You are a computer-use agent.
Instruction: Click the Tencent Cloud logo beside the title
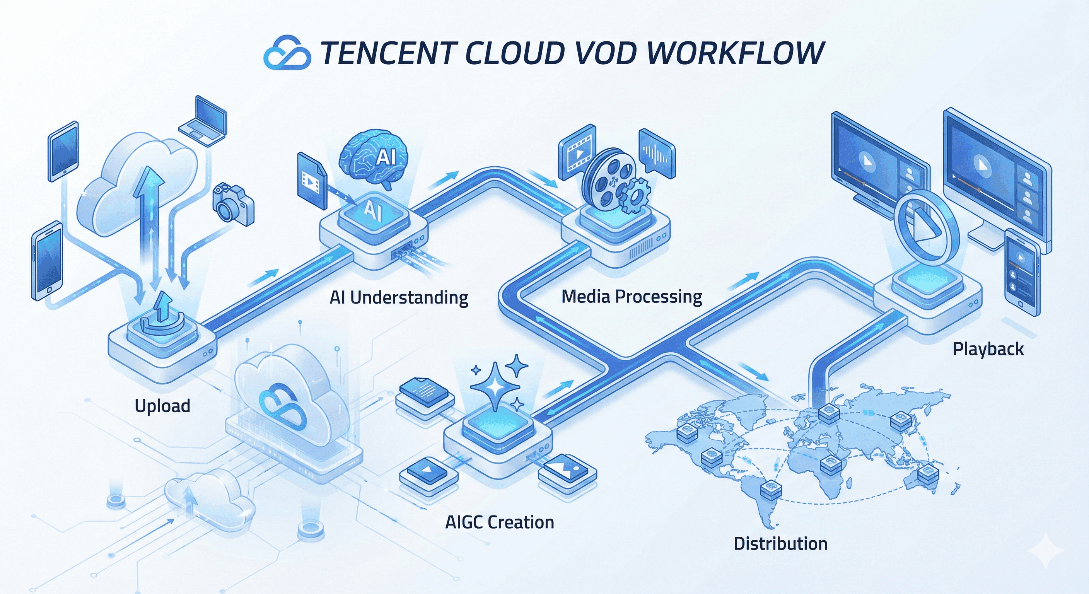coord(287,53)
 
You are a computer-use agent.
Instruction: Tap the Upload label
coord(162,406)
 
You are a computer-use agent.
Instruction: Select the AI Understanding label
coord(399,298)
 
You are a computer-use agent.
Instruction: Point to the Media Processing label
coord(632,297)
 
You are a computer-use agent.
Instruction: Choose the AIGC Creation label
coord(499,522)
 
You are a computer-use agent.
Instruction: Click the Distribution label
coord(780,544)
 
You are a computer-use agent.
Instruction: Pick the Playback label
coord(988,349)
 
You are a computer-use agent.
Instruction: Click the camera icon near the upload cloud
coord(233,205)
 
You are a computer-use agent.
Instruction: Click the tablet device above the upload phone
coord(63,151)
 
